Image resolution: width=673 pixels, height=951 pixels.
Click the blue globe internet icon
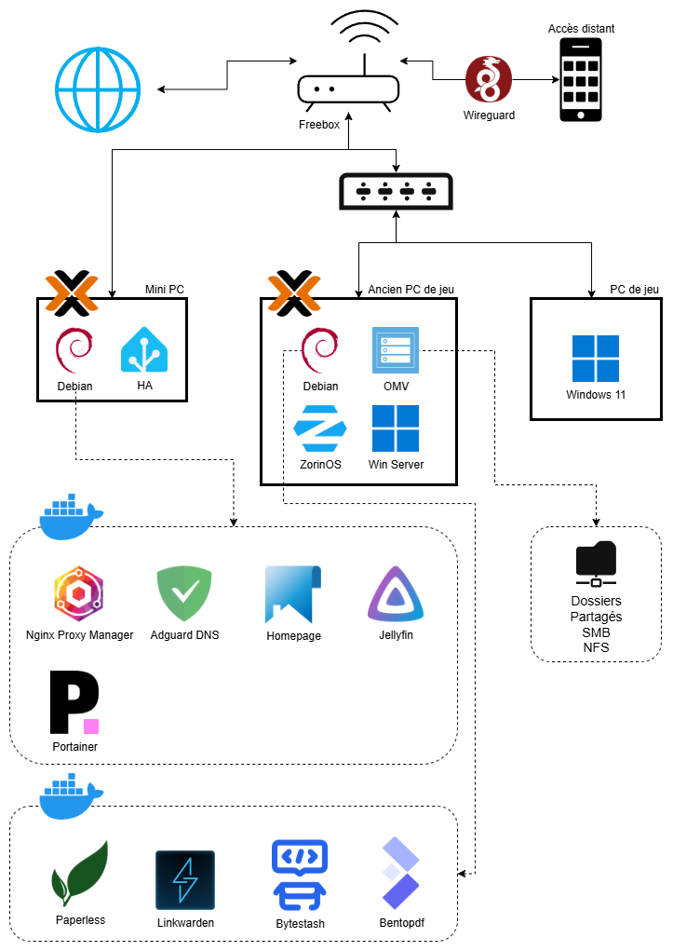pos(97,89)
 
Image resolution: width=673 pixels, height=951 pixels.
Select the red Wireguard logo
pos(489,80)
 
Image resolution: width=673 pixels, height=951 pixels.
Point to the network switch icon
pos(396,191)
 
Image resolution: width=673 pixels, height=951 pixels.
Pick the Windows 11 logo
pos(596,359)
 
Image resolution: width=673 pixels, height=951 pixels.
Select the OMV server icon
pos(395,351)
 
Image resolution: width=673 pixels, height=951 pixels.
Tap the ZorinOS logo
pos(320,428)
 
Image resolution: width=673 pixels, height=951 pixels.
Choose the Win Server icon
pos(396,428)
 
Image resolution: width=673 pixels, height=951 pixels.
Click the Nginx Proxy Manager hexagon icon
pos(79,593)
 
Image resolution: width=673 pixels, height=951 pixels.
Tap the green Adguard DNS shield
pos(184,593)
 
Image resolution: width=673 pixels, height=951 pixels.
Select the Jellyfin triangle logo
pos(397,594)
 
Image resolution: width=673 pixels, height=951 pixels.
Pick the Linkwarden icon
pos(185,879)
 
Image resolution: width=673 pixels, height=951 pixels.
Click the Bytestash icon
pos(299,876)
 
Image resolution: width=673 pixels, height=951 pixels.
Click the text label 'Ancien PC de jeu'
pos(411,290)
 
